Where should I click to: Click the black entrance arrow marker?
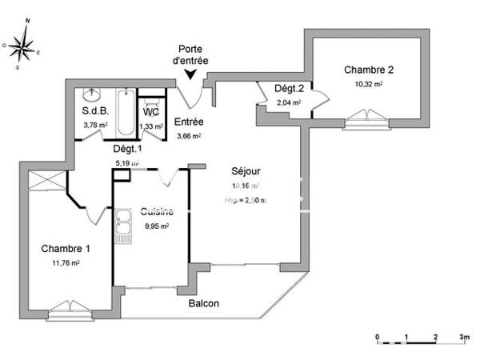(190, 74)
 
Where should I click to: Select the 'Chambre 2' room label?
(369, 70)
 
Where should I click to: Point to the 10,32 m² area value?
(369, 82)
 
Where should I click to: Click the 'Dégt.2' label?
(287, 89)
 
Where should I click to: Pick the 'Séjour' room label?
(246, 171)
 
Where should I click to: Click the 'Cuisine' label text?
(156, 213)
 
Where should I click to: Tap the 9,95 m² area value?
(156, 226)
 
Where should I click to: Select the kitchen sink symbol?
(123, 226)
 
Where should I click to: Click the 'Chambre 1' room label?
(66, 248)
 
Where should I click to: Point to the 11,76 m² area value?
(66, 262)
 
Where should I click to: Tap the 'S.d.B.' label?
(94, 111)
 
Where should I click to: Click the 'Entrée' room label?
(189, 122)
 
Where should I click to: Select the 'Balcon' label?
(204, 304)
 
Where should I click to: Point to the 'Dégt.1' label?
(127, 149)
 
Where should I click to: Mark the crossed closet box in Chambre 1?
(44, 182)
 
